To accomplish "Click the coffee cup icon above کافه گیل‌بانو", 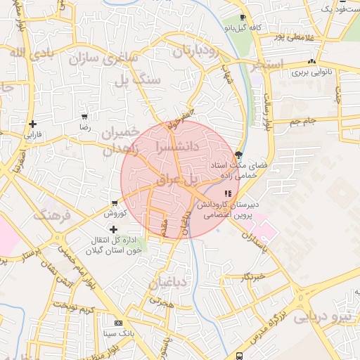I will (243, 18).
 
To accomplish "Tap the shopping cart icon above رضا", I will (84, 117).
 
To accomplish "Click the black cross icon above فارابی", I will (32, 124).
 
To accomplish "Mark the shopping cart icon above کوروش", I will (114, 202).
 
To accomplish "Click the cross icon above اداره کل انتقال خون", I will (113, 229).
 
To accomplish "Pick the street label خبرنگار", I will (252, 276).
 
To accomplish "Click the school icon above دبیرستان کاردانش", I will (227, 193).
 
